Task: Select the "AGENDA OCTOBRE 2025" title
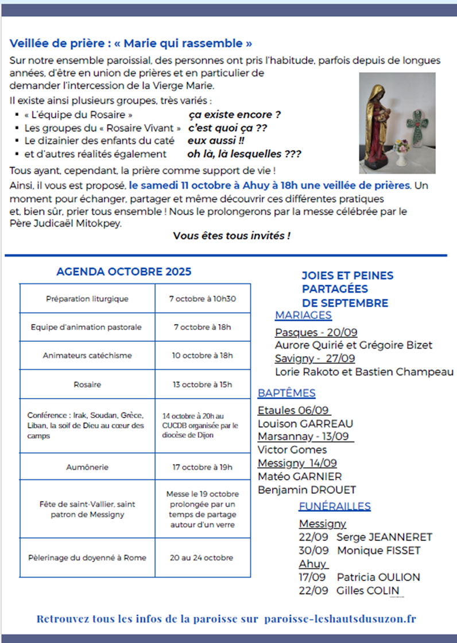tap(124, 271)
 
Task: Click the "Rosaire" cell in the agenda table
tap(87, 384)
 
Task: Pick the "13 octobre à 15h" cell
tap(203, 384)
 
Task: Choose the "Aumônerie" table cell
tap(87, 467)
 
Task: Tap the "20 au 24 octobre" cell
tap(203, 557)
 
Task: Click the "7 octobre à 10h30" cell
tap(203, 298)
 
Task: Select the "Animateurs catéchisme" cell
tap(87, 355)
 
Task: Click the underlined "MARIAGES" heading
tap(303, 315)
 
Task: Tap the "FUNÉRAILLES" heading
tap(335, 506)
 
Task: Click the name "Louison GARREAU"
tap(305, 424)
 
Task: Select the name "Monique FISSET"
tap(379, 550)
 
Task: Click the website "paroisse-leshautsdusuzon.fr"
tap(340, 619)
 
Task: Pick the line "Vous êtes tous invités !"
tap(231, 236)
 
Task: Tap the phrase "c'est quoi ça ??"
tap(228, 128)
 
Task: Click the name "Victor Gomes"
tap(292, 450)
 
